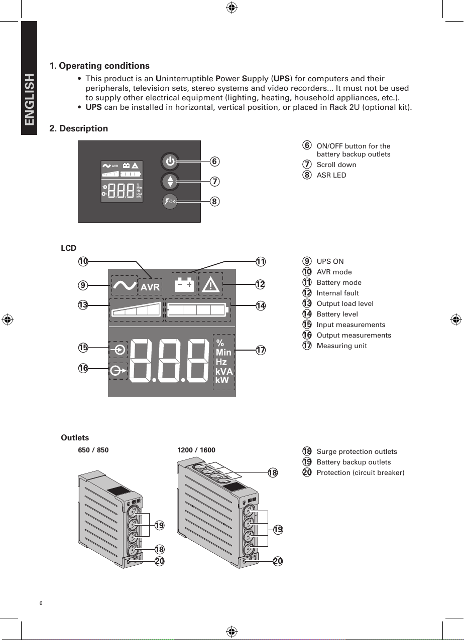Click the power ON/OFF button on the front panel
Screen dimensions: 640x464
[170, 162]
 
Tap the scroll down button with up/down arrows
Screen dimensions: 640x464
[170, 181]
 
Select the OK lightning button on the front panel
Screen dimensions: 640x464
[170, 201]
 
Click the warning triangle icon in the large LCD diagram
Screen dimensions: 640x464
[211, 284]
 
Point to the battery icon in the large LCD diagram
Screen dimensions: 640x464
[184, 284]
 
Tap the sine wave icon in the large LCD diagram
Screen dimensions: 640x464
[124, 285]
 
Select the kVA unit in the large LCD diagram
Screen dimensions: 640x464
[224, 372]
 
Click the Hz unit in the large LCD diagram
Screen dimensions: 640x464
[221, 362]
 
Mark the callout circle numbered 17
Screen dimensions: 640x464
[260, 350]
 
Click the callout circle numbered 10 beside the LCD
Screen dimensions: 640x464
[83, 261]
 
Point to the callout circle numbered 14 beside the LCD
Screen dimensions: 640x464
[260, 305]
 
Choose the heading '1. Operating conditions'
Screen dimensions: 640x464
[99, 66]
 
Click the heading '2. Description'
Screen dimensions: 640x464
[78, 128]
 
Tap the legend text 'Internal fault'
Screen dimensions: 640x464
[337, 293]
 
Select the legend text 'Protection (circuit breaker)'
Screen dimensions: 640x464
[360, 472]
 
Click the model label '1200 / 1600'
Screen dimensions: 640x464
[196, 450]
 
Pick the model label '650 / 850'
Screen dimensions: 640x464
[93, 450]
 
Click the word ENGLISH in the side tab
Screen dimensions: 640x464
[29, 100]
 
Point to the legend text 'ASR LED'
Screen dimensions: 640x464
[331, 175]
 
